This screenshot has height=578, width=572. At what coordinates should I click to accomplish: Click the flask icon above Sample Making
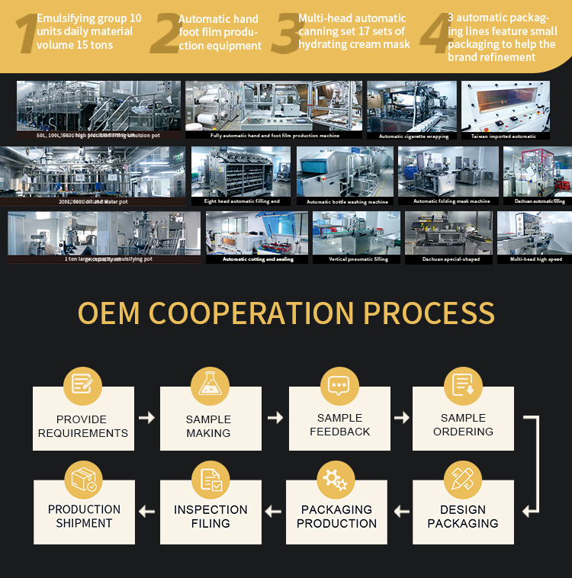pos(209,384)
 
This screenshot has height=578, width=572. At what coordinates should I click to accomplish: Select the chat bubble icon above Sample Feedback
pos(339,384)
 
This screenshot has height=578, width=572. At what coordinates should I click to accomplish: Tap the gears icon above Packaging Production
pos(336,479)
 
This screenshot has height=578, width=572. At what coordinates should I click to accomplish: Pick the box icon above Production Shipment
pos(83,479)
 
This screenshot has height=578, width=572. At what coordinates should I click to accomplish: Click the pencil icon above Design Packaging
pos(462,479)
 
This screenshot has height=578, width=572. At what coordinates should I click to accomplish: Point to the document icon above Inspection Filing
pos(210,479)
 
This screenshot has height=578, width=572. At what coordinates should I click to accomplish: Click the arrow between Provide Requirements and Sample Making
pos(146,418)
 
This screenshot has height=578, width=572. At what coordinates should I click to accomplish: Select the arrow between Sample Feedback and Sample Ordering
pos(401,418)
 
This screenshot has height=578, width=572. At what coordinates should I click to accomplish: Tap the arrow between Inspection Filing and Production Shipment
pos(146,512)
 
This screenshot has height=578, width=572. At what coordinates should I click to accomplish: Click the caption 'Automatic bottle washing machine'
pos(347,202)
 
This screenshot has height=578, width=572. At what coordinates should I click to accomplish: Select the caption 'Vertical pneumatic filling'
pos(358,259)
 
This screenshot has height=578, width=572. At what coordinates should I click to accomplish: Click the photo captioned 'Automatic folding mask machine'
pos(448,172)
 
